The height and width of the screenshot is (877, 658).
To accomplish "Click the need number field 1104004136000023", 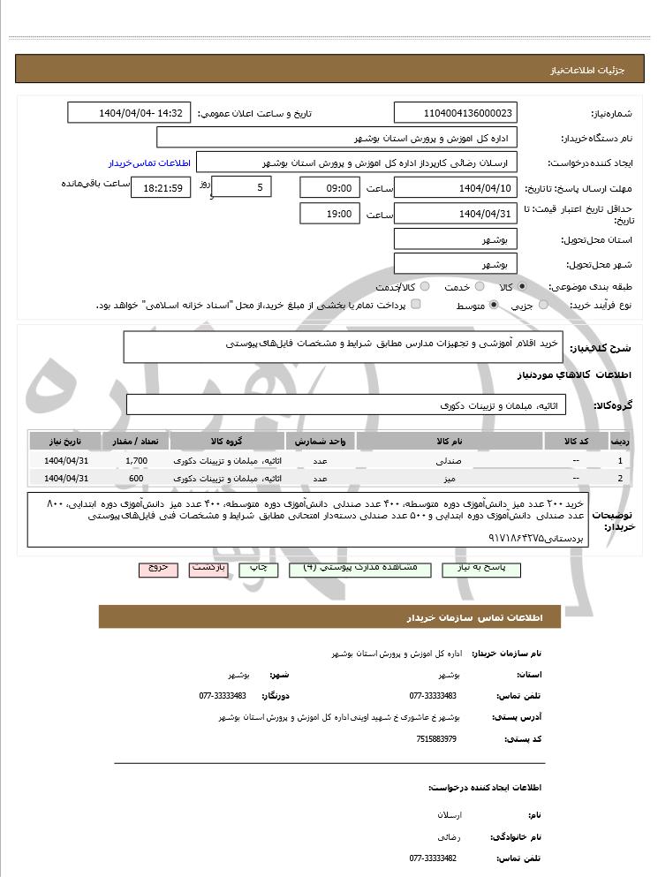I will (x=456, y=114).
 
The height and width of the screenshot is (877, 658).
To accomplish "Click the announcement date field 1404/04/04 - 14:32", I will (x=129, y=114).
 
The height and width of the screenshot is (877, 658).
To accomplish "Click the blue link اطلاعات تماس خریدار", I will (x=144, y=163).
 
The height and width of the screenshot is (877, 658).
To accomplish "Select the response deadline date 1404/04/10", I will (x=456, y=188).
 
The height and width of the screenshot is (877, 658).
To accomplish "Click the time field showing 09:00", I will (x=330, y=188).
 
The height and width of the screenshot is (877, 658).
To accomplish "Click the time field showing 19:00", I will (x=330, y=214).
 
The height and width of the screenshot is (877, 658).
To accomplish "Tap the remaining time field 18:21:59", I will (x=160, y=188).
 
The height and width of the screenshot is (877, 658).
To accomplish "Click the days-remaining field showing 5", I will (x=242, y=187).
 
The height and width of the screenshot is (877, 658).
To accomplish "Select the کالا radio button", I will (x=522, y=287).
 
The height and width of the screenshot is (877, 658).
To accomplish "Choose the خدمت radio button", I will (x=479, y=287).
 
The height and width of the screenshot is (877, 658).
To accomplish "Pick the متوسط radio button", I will (x=493, y=305).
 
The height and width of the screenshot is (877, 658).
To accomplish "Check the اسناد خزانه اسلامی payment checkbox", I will (x=416, y=305).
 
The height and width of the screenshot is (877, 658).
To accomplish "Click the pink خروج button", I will (x=158, y=570).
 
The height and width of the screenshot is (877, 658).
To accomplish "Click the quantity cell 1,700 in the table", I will (x=136, y=461).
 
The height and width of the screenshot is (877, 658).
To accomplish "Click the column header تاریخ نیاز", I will (x=64, y=441).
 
